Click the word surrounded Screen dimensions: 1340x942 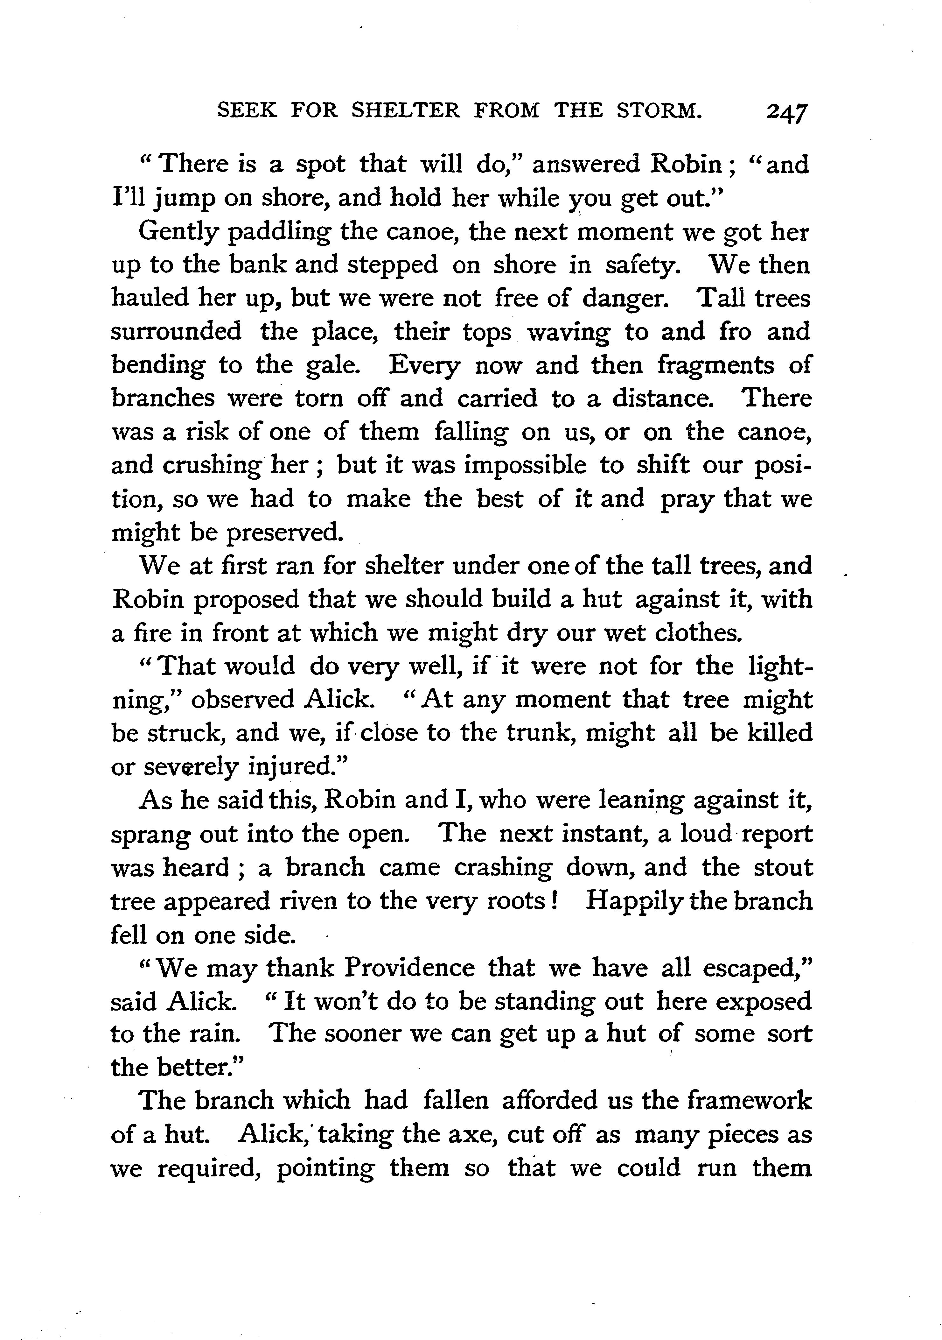pyautogui.click(x=176, y=332)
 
